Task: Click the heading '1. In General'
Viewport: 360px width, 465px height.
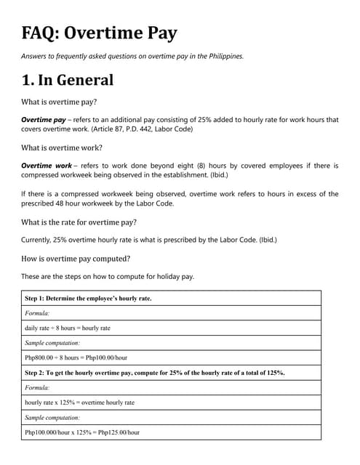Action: [68, 79]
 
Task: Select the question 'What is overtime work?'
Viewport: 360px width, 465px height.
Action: [63, 147]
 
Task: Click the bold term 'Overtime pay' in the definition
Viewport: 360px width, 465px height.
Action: [44, 119]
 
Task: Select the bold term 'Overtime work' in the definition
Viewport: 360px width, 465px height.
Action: [47, 166]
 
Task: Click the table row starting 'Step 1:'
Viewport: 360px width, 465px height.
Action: [88, 298]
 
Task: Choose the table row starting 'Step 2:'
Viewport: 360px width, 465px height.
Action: [154, 373]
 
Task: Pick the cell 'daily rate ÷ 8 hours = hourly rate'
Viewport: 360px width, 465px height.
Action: [68, 328]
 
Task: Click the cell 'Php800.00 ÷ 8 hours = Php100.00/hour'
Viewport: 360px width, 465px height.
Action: [76, 357]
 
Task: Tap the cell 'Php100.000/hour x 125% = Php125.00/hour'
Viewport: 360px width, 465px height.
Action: [82, 432]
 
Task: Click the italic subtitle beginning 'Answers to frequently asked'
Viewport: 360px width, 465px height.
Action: [132, 56]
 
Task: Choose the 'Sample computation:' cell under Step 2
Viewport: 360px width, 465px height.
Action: [52, 418]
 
